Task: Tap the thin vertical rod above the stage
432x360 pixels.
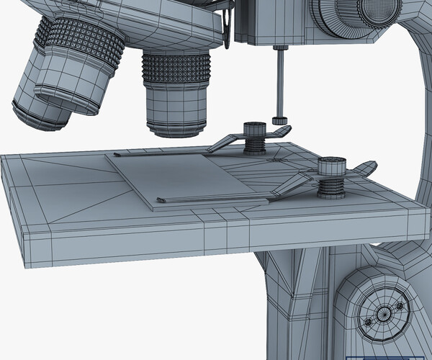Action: (279, 83)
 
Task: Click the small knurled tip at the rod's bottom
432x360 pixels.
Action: (279, 120)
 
